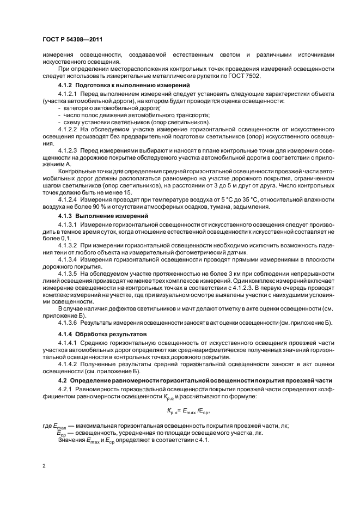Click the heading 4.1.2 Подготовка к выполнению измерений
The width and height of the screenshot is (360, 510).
tap(123, 86)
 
